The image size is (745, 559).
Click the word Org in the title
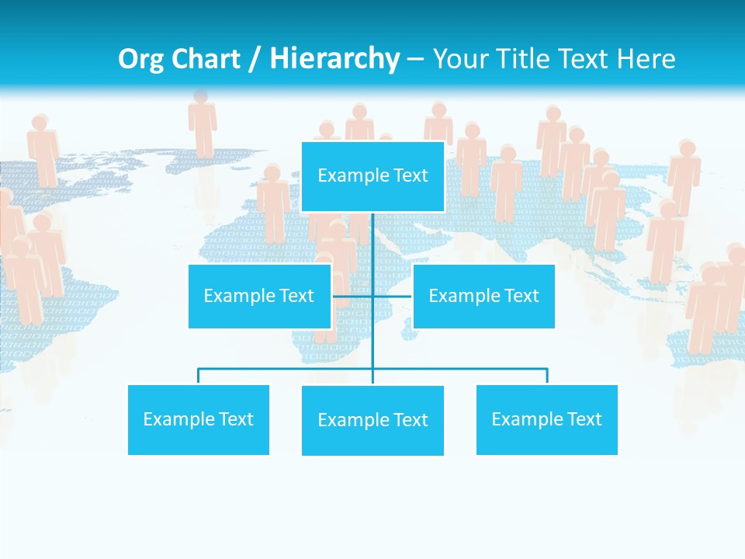141,60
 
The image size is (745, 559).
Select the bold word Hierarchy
334,60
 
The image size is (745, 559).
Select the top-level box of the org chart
372,176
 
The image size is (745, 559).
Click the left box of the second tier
259,296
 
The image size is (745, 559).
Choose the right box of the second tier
483,296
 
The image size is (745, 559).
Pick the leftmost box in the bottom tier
199,419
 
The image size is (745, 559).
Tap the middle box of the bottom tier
372,420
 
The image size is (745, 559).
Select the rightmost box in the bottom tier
546,419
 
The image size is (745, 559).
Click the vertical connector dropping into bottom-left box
199,377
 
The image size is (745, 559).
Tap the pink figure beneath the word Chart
203,124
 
